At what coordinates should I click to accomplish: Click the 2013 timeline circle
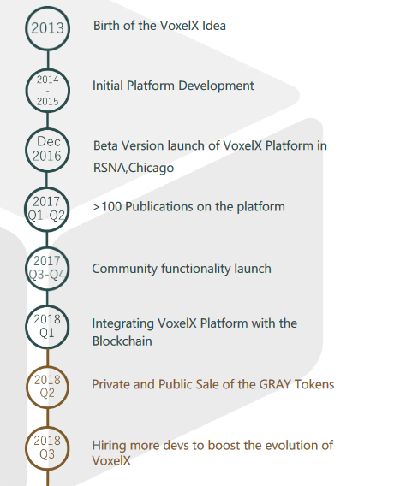click(47, 8)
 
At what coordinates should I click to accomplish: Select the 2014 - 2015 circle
click(47, 70)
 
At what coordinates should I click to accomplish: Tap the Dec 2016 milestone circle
click(47, 129)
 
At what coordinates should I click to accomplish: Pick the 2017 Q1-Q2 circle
click(46, 189)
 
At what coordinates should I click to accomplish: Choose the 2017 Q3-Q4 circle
click(47, 248)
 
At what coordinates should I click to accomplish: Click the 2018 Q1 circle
click(47, 307)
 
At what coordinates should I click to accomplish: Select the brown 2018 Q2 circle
click(47, 368)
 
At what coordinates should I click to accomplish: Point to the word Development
click(216, 86)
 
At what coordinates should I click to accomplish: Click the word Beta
click(105, 145)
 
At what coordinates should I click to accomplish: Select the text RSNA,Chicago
click(134, 168)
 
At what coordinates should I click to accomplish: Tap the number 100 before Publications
click(111, 207)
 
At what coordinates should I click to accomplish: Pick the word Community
click(125, 269)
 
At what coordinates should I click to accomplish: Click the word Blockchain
click(122, 341)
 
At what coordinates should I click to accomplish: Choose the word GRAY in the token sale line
click(275, 385)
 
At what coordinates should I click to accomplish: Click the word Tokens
click(314, 385)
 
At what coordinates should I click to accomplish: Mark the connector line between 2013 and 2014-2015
click(48, 60)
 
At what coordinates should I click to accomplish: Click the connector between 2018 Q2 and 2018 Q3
click(47, 418)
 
